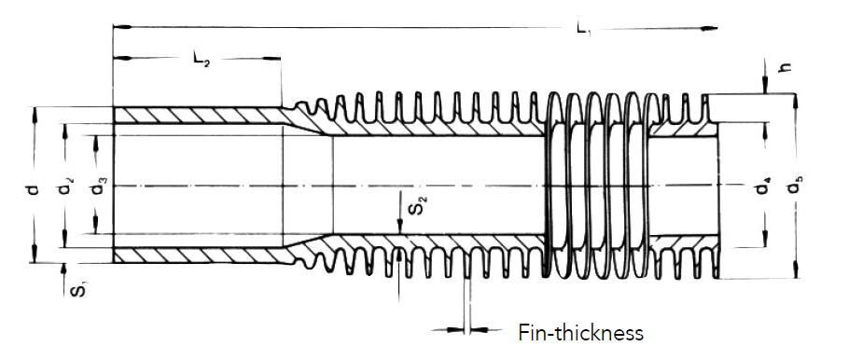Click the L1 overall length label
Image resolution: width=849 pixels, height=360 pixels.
pyautogui.click(x=584, y=31)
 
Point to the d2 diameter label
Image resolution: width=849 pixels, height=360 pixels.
pyautogui.click(x=64, y=190)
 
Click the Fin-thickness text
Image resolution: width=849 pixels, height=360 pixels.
pyautogui.click(x=580, y=332)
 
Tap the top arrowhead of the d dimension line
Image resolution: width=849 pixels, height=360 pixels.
pyautogui.click(x=35, y=113)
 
